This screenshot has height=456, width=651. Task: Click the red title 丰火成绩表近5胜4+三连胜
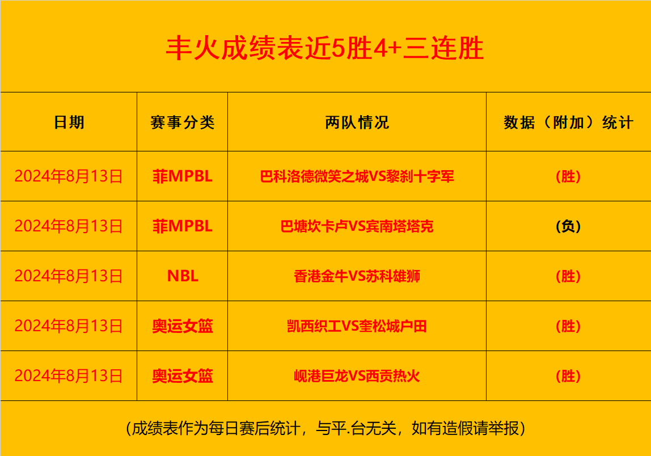click(325, 48)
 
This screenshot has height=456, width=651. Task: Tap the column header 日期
click(69, 123)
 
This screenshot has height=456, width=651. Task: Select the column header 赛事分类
click(182, 123)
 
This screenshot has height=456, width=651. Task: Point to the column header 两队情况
click(357, 123)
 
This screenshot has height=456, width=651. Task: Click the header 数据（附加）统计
click(568, 123)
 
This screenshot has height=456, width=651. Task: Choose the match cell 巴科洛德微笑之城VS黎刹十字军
click(357, 176)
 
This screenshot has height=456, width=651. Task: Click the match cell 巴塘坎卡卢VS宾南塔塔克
click(357, 226)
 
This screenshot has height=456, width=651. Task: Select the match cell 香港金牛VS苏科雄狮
click(357, 276)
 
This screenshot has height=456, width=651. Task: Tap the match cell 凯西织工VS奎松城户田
click(357, 326)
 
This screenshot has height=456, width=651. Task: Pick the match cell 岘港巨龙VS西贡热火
click(357, 376)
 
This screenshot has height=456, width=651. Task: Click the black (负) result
click(568, 226)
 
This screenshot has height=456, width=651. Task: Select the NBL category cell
click(182, 276)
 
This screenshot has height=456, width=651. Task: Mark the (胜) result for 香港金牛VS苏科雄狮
click(568, 276)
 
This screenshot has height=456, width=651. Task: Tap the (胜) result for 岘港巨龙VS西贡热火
click(568, 376)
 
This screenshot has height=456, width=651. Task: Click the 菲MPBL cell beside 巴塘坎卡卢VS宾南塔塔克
click(182, 226)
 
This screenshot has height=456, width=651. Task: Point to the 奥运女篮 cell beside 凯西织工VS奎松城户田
click(182, 326)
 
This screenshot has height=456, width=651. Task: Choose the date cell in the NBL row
click(69, 276)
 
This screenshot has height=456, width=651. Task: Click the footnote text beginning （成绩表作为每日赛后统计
click(325, 428)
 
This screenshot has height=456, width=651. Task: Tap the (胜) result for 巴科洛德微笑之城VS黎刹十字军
click(568, 176)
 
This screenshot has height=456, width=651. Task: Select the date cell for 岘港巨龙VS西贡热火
click(69, 376)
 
